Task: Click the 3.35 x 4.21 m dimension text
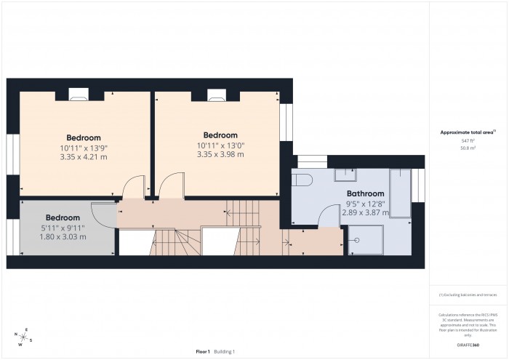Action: [x=84, y=156]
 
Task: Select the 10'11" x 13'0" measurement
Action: [x=220, y=145]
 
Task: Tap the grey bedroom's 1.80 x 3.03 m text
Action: [x=63, y=236]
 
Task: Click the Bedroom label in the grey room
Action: [x=63, y=217]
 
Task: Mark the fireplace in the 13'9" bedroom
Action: [x=79, y=93]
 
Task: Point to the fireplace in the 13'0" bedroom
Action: [x=216, y=93]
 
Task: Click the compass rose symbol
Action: [x=24, y=337]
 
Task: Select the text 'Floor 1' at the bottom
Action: [x=202, y=351]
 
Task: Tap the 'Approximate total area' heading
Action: [x=467, y=132]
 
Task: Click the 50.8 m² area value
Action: [x=468, y=148]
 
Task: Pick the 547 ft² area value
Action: [x=468, y=140]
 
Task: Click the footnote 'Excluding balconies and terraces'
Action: [x=468, y=295]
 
